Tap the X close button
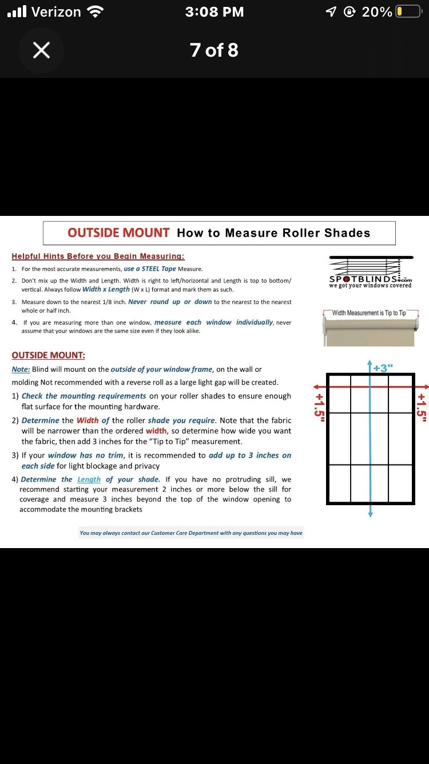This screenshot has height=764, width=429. pyautogui.click(x=41, y=50)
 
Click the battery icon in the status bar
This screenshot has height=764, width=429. pyautogui.click(x=408, y=12)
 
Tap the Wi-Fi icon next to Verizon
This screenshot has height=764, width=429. pyautogui.click(x=95, y=12)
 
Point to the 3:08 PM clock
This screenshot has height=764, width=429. pyautogui.click(x=214, y=12)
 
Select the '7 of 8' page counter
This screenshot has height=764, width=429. pyautogui.click(x=214, y=50)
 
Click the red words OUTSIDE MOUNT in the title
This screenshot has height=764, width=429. pyautogui.click(x=118, y=233)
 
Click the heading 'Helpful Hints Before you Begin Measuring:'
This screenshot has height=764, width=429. pyautogui.click(x=98, y=256)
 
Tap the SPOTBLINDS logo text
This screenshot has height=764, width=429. pyautogui.click(x=370, y=279)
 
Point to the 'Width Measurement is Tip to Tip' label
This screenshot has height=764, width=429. pyautogui.click(x=369, y=313)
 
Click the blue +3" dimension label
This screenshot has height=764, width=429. pyautogui.click(x=383, y=368)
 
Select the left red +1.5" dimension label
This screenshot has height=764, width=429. pyautogui.click(x=319, y=407)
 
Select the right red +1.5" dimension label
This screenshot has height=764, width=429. pyautogui.click(x=422, y=407)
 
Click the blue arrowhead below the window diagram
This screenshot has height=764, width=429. pyautogui.click(x=371, y=514)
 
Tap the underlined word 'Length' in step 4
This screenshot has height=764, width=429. pyautogui.click(x=89, y=479)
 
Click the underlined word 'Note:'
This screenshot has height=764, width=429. pyautogui.click(x=21, y=369)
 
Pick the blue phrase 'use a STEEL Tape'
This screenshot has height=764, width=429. pyautogui.click(x=150, y=269)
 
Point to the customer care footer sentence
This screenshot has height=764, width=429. pyautogui.click(x=191, y=533)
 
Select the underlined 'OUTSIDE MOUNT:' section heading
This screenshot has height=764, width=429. pyautogui.click(x=49, y=355)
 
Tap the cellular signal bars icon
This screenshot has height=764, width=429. pyautogui.click(x=17, y=11)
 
